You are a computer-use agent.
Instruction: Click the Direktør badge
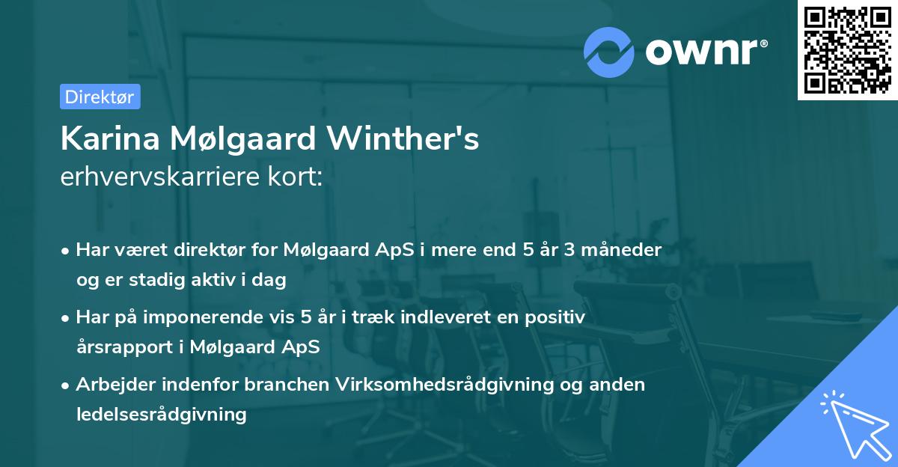coord(100,97)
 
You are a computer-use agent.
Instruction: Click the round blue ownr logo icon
coord(608,52)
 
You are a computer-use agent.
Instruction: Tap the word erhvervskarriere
coord(159,177)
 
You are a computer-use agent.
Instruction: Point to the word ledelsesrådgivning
coord(161,414)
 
